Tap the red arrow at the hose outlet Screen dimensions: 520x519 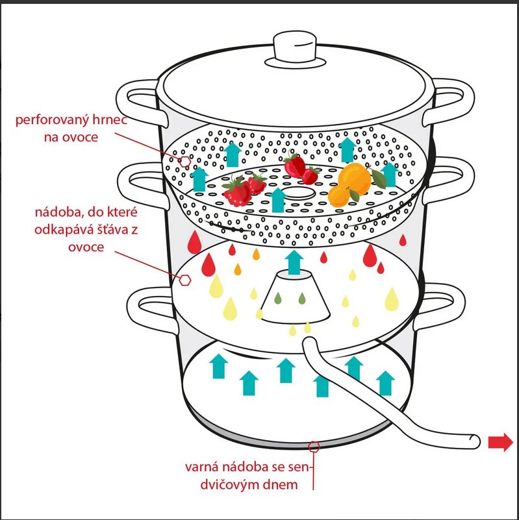coord(500,443)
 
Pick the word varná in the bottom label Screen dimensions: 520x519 coord(203,467)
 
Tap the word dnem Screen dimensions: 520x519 coord(281,484)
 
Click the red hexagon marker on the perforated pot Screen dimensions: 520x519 coord(185,160)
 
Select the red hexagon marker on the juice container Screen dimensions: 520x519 coord(185,280)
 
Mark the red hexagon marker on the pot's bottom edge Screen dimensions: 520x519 coord(314,447)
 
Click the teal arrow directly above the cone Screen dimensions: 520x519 coord(295,262)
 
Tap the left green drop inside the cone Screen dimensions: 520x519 coord(278,299)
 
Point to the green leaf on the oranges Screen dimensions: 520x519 coord(355,193)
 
